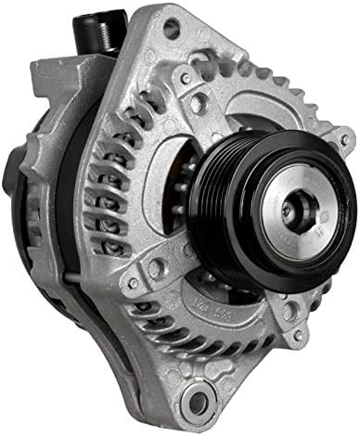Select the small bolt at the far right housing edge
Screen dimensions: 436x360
tap(345, 140)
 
